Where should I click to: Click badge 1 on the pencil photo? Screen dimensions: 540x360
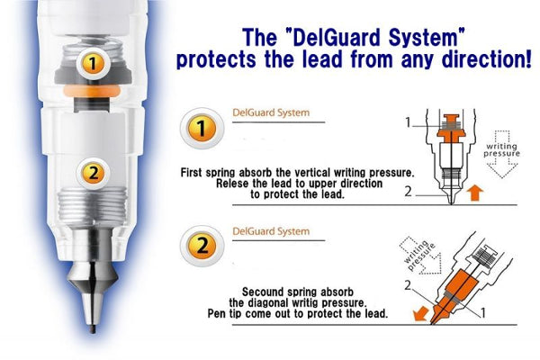click(x=93, y=64)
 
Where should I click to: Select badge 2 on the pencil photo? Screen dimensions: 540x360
click(x=94, y=173)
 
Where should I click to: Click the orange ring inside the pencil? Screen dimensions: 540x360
click(x=92, y=91)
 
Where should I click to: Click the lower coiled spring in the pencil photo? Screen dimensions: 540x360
click(x=93, y=207)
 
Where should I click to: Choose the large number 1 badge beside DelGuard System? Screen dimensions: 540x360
click(x=202, y=128)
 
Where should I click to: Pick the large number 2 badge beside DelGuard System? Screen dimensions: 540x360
click(x=202, y=246)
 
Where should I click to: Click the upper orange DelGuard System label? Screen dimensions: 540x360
click(x=271, y=112)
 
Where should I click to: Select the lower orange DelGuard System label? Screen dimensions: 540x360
click(x=271, y=231)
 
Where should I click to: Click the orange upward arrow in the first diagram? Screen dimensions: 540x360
click(x=475, y=193)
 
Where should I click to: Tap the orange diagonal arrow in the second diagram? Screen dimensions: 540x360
click(x=420, y=313)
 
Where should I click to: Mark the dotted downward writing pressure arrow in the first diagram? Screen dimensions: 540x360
click(x=502, y=154)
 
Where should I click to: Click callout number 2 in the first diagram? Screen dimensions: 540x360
click(x=408, y=192)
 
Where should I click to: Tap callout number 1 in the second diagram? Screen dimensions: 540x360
click(x=482, y=313)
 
